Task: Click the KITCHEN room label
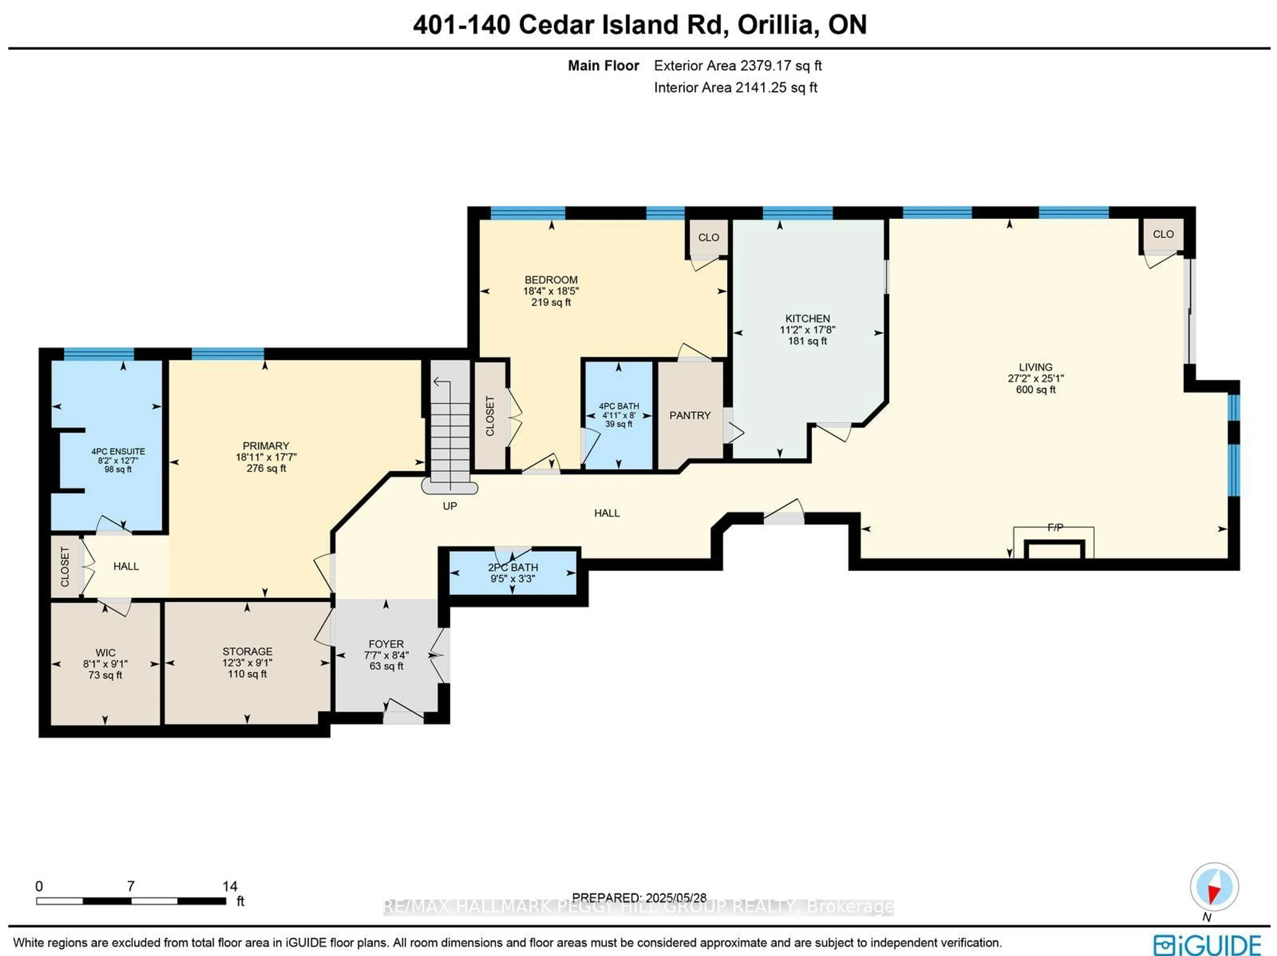pyautogui.click(x=807, y=319)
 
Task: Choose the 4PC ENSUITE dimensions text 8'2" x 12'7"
pyautogui.click(x=118, y=461)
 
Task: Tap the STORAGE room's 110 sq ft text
pyautogui.click(x=247, y=674)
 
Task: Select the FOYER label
pyautogui.click(x=386, y=644)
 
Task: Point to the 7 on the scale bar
pyautogui.click(x=131, y=886)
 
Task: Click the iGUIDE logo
pyautogui.click(x=1206, y=944)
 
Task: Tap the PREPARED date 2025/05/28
pyautogui.click(x=675, y=898)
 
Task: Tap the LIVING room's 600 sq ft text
pyautogui.click(x=1035, y=390)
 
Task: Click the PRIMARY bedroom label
pyautogui.click(x=266, y=446)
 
